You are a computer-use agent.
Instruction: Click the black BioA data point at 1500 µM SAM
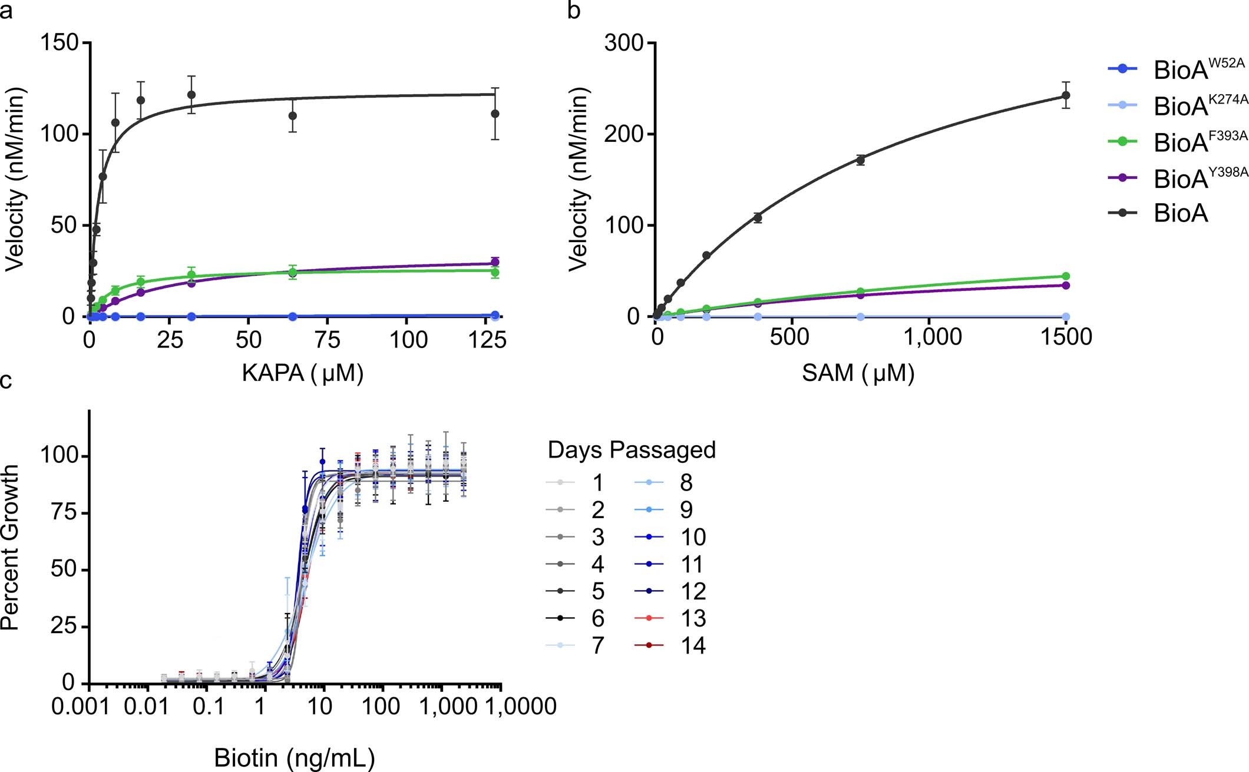click(x=1065, y=95)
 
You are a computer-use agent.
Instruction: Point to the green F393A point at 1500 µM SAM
click(x=1065, y=276)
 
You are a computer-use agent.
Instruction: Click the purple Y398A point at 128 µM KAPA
click(x=495, y=262)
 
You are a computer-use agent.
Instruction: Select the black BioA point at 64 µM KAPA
click(x=292, y=115)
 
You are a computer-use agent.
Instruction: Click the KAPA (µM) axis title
click(x=302, y=373)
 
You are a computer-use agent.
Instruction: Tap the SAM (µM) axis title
click(x=858, y=373)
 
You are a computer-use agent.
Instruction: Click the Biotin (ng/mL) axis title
click(x=294, y=758)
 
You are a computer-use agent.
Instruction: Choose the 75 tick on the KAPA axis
click(x=328, y=340)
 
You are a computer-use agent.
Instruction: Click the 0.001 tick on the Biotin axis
click(x=81, y=706)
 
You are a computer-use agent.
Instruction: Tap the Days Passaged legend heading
click(x=632, y=450)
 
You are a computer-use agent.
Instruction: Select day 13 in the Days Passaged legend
click(x=692, y=618)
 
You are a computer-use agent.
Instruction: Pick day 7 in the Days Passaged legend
click(x=597, y=645)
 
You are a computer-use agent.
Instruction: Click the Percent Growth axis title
click(x=11, y=548)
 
